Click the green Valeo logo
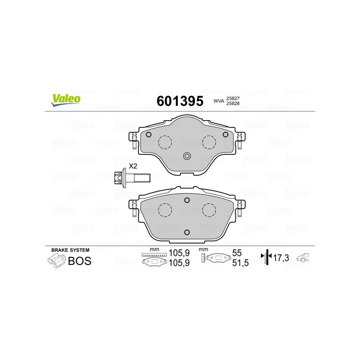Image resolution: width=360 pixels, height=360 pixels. click(x=66, y=100)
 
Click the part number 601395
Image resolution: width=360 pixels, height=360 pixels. click(x=180, y=101)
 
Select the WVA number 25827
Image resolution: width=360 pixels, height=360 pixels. click(x=233, y=99)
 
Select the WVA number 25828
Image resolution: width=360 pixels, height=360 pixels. click(x=233, y=103)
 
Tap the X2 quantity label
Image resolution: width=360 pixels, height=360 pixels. click(x=133, y=166)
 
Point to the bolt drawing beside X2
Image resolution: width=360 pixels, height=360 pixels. click(x=132, y=178)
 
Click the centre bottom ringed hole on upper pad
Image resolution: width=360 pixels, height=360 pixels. click(x=187, y=156)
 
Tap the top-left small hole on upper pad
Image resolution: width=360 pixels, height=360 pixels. click(x=148, y=135)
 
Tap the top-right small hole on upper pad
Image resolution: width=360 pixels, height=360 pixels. click(x=225, y=135)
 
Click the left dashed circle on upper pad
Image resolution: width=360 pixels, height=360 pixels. click(x=165, y=142)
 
